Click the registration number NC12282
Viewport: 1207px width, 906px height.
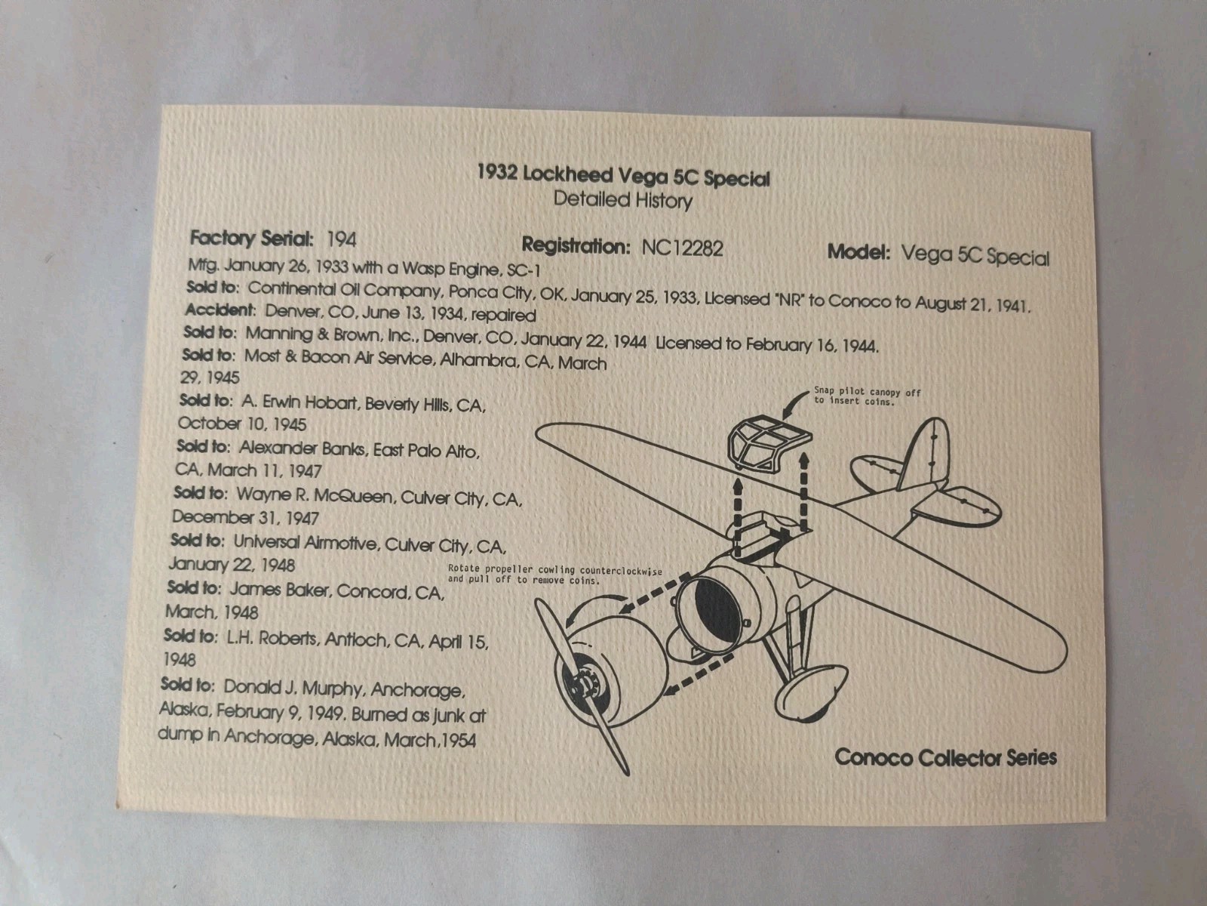click(x=682, y=248)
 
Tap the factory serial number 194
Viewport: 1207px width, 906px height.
click(x=342, y=240)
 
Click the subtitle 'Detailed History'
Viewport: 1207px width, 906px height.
click(x=622, y=199)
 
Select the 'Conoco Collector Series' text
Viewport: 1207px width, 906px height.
click(x=945, y=757)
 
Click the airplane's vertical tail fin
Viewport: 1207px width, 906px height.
click(x=924, y=454)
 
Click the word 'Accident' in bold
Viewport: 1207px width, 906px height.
click(x=220, y=310)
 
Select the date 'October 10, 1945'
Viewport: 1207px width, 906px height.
click(x=242, y=424)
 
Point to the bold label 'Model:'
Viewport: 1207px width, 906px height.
click(x=858, y=252)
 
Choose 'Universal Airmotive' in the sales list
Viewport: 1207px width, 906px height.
click(x=306, y=543)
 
